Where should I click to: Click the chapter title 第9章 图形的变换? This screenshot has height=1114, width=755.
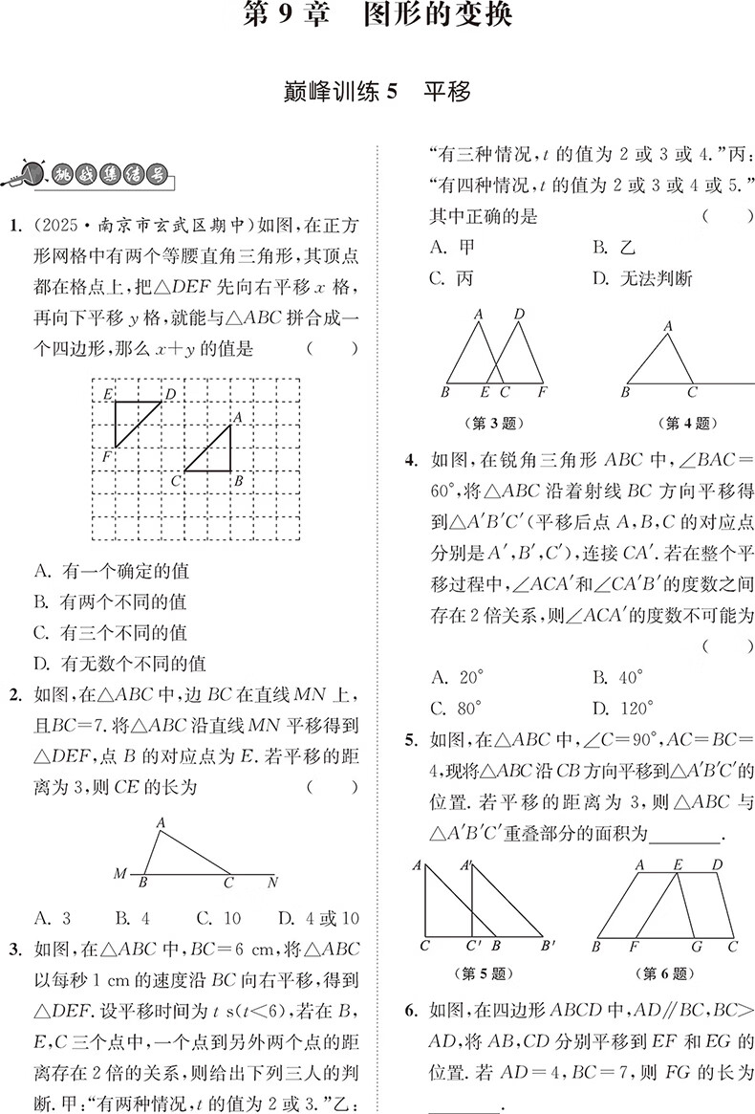point(377,16)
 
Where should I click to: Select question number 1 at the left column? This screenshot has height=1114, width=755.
point(14,227)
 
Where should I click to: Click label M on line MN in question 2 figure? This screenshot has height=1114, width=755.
point(120,873)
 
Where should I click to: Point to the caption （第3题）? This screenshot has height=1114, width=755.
point(497,423)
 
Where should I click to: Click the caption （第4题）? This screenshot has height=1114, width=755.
point(685,423)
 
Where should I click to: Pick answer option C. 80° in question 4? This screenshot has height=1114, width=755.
point(458,709)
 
